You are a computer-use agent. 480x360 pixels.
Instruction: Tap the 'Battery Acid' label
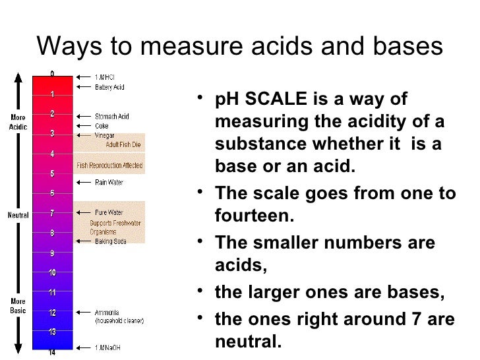point(109,86)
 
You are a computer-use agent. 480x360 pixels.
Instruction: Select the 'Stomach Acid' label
point(112,117)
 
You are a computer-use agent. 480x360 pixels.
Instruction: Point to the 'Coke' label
point(102,125)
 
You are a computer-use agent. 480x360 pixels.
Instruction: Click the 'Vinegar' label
point(105,134)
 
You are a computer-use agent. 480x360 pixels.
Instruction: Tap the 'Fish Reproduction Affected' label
point(109,165)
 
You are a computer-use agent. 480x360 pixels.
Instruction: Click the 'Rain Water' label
point(109,182)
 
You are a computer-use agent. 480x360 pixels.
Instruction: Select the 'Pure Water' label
point(109,213)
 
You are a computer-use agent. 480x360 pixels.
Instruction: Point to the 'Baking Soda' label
point(110,242)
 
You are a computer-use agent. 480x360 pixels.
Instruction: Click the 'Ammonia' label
point(107,313)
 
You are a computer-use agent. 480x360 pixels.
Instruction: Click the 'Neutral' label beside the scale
point(18,215)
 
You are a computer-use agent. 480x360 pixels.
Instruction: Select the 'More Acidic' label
point(18,123)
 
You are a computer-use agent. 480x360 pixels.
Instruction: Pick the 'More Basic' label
point(18,306)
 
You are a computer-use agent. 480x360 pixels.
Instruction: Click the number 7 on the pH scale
point(51,213)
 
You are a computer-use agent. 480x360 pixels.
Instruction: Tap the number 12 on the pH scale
point(51,312)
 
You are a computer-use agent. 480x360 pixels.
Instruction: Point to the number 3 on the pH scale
point(51,133)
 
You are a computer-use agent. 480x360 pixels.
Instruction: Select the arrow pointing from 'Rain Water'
point(84,182)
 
